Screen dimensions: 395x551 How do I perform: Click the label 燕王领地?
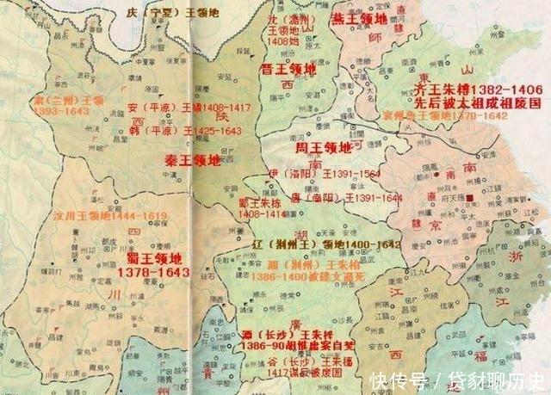click(x=360, y=19)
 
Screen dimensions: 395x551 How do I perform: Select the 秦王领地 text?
click(x=193, y=160)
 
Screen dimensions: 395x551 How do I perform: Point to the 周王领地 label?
click(x=322, y=148)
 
